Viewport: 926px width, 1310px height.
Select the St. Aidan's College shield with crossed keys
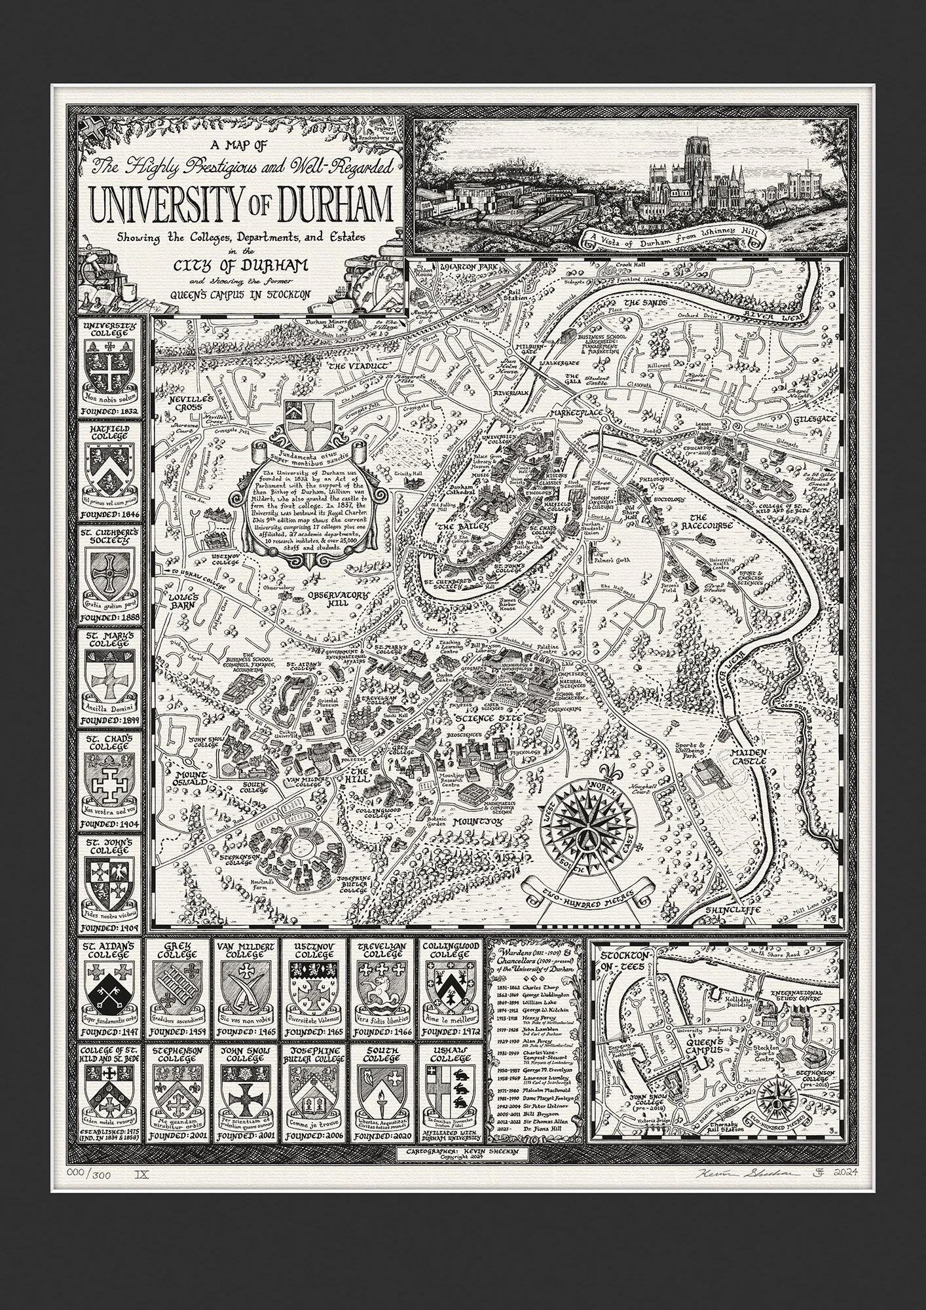pos(109,999)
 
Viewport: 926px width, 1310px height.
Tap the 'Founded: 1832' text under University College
pos(109,411)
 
